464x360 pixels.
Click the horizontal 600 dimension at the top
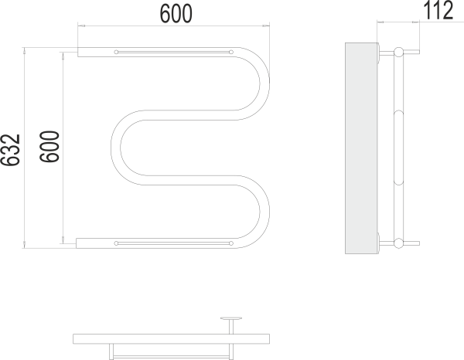pyautogui.click(x=176, y=14)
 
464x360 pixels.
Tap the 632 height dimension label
pyautogui.click(x=10, y=150)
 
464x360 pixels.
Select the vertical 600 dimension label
pyautogui.click(x=49, y=147)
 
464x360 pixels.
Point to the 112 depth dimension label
pyautogui.click(x=438, y=10)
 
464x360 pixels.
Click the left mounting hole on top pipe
pyautogui.click(x=116, y=52)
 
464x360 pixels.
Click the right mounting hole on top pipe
pyautogui.click(x=231, y=52)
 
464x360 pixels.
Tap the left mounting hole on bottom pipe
pyautogui.click(x=116, y=243)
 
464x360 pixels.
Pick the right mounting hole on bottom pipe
pyautogui.click(x=231, y=243)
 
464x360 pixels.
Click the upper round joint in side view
pyautogui.click(x=398, y=52)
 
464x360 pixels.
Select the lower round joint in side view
pyautogui.click(x=398, y=243)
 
